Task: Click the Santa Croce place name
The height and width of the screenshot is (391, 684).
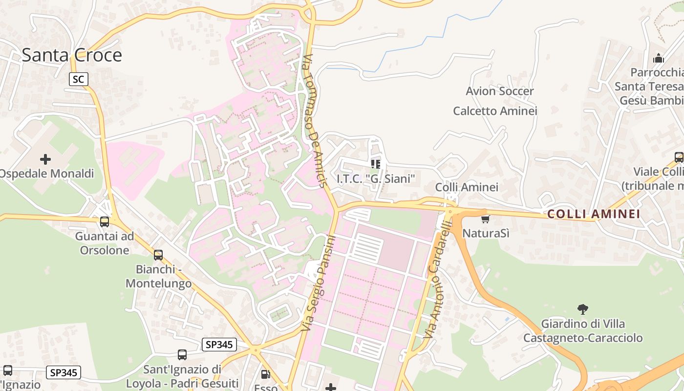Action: coord(72,55)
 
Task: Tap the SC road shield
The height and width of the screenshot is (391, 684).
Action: coord(78,79)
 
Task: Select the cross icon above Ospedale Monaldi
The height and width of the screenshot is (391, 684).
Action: coord(45,159)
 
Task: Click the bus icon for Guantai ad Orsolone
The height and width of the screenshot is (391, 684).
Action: coord(105,222)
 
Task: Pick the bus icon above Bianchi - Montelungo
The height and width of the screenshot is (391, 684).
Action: coord(158,255)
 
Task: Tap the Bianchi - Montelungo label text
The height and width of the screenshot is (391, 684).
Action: coord(157,276)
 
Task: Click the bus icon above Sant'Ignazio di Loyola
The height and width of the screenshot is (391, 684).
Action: coord(182,355)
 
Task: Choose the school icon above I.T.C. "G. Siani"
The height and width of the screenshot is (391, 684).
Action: coord(375,164)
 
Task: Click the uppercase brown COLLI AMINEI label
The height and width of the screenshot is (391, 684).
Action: coord(593,214)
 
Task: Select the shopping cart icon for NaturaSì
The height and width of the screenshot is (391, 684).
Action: coord(485,219)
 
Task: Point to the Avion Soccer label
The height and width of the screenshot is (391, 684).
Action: coord(499,91)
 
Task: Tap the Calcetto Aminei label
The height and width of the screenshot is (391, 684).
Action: coord(495,111)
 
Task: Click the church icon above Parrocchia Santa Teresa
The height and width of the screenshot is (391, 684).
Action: coord(659,58)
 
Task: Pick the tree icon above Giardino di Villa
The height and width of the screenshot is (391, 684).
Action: coord(582,309)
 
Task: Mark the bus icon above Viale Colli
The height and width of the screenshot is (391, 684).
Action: coord(679,157)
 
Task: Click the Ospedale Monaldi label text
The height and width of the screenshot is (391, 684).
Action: coord(46,174)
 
